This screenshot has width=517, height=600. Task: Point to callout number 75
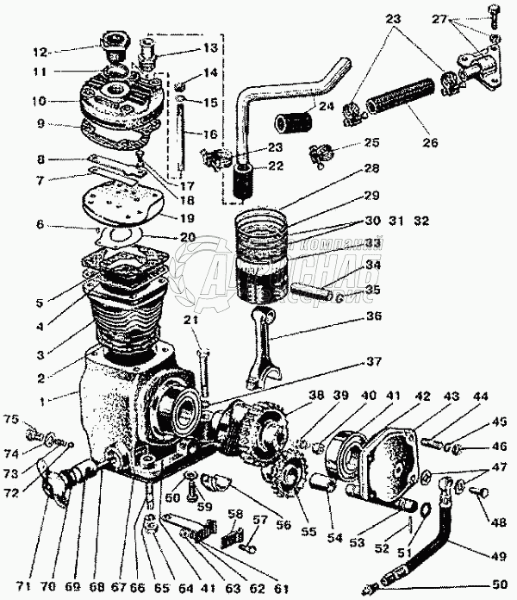pos(10,420)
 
